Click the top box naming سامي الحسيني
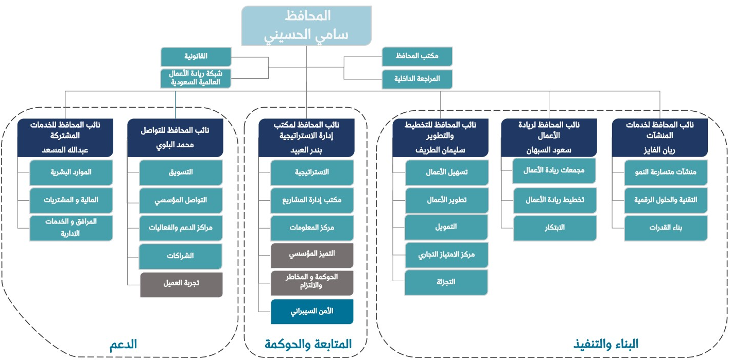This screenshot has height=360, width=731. (307, 25)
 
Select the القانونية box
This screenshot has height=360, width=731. (196, 57)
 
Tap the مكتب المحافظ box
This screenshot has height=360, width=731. (417, 57)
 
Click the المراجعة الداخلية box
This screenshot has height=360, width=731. (417, 79)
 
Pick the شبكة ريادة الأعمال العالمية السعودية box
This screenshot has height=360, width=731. (196, 78)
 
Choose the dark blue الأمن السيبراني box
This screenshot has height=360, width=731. (312, 312)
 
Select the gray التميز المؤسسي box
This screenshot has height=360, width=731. (312, 255)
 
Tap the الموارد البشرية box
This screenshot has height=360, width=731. (71, 173)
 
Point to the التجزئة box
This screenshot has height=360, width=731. (446, 282)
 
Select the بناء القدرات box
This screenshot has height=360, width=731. (666, 228)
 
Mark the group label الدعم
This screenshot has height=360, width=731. (123, 344)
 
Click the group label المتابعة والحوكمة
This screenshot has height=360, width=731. (308, 344)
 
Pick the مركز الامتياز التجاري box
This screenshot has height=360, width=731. (446, 255)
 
